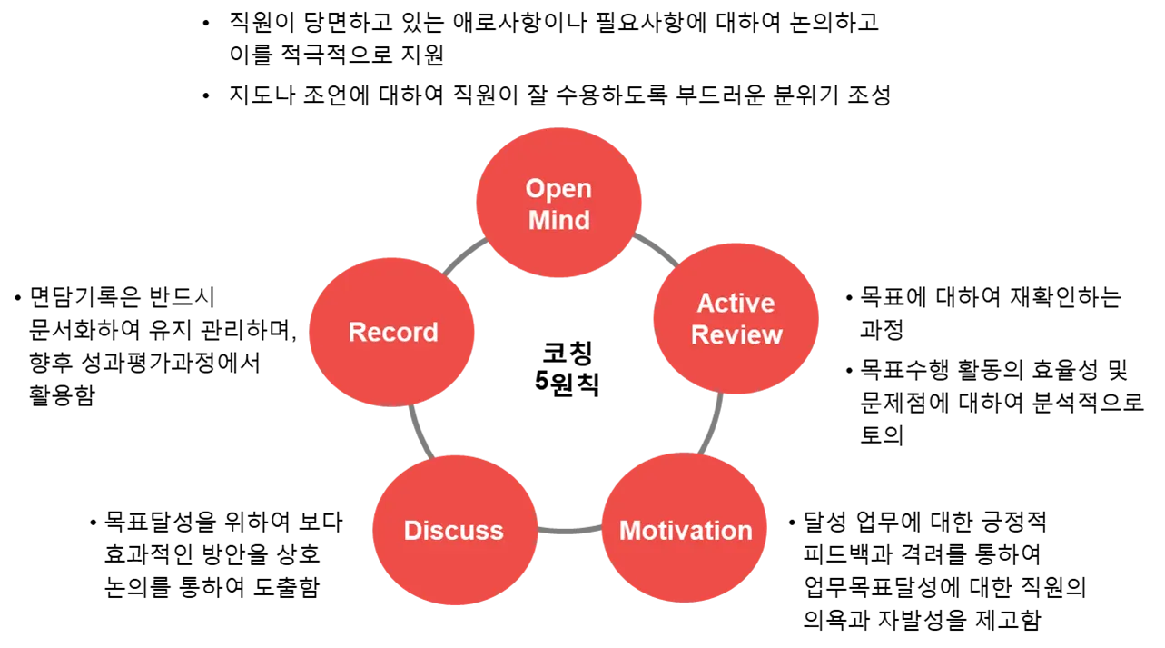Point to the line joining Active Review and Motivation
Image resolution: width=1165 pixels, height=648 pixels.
click(713, 423)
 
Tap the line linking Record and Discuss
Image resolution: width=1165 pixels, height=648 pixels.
click(419, 431)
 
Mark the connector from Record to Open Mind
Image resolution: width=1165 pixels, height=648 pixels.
click(464, 258)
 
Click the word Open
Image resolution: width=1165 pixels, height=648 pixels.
click(558, 189)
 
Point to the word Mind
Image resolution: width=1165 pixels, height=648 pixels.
click(559, 220)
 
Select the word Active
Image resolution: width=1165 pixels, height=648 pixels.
click(736, 303)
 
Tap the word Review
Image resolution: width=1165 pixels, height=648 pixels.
click(736, 334)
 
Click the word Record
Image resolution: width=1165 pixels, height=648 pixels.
click(393, 332)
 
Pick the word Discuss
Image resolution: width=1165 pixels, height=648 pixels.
click(453, 531)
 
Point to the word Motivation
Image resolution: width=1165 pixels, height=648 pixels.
click(686, 531)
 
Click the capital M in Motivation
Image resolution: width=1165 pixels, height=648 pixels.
click(630, 531)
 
